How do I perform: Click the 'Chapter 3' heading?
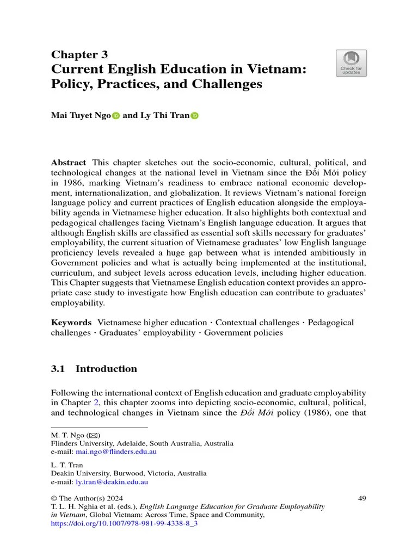(79, 54)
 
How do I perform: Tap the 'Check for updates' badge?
(351, 64)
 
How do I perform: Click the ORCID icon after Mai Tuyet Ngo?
(115, 116)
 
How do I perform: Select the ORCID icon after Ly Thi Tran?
(195, 116)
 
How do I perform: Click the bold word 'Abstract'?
(68, 163)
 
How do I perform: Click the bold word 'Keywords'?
(71, 323)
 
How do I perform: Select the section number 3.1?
(58, 369)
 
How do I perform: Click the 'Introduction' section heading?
(106, 369)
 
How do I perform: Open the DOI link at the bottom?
(124, 523)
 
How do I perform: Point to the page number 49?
(362, 498)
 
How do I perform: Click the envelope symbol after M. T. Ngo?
(93, 436)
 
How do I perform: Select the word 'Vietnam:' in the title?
(276, 70)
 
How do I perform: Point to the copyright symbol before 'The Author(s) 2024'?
(54, 498)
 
